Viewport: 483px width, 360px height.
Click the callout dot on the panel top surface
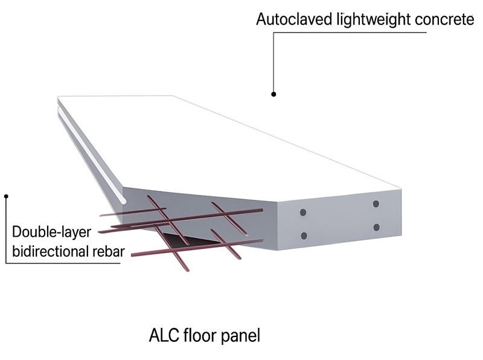(273, 94)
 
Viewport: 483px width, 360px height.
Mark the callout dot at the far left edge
(6, 195)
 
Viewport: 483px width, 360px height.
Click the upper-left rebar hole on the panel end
(303, 213)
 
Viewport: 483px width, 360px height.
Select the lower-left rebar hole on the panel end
(303, 235)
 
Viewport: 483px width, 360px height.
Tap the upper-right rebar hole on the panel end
(376, 204)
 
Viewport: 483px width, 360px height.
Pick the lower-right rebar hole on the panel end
(376, 227)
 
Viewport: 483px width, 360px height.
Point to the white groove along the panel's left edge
(91, 157)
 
